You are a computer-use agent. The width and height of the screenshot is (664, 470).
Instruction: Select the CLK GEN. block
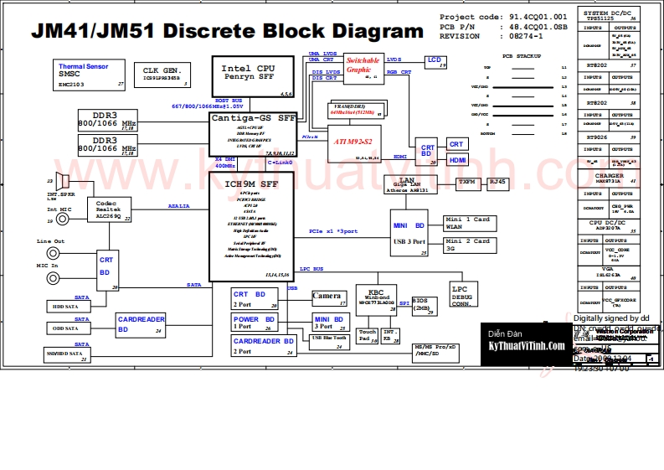(162, 75)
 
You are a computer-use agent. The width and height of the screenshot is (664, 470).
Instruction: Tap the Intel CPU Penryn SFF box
(249, 77)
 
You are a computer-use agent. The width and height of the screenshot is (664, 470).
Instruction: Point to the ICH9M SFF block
(251, 226)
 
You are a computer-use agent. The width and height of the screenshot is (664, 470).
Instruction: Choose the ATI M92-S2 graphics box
(352, 142)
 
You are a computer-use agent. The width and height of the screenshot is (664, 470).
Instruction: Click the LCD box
(435, 61)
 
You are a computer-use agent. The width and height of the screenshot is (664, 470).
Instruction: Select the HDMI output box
(457, 160)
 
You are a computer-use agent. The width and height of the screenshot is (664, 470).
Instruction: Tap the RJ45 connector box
(497, 182)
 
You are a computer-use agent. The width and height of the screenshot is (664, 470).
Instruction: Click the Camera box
(327, 297)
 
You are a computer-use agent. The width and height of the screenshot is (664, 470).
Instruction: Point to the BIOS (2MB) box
(422, 303)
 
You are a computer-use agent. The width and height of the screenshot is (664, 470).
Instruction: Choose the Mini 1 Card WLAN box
(468, 222)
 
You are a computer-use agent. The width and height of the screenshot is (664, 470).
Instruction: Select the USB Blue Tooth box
(329, 338)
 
